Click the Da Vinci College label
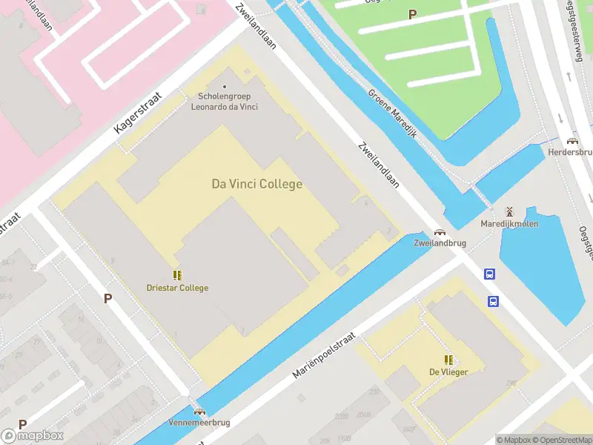pos(257,184)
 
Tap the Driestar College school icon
pos(177,275)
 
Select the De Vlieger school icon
pos(448,360)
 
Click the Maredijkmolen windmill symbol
pos(508,211)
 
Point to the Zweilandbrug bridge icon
pos(440,232)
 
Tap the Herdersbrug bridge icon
pos(572,141)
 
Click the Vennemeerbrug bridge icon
pos(199,411)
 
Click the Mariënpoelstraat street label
pos(324,355)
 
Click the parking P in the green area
pos(412,14)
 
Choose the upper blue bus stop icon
pos(489,274)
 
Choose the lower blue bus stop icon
pos(493,300)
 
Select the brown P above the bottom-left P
pos(107,298)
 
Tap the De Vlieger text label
pos(448,372)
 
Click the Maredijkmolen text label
pos(509,223)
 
